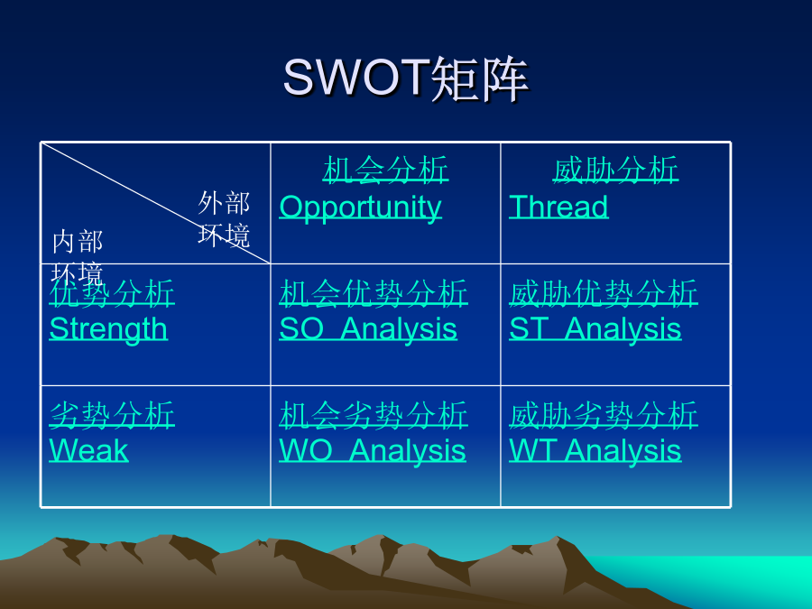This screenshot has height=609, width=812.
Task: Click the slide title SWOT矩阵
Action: click(x=405, y=78)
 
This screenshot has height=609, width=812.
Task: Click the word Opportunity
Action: click(x=360, y=208)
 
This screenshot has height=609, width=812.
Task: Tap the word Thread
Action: click(x=558, y=207)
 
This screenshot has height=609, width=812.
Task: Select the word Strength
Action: click(x=108, y=330)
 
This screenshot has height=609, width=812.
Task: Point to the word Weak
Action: click(x=88, y=450)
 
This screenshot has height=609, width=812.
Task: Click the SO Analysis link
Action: click(x=368, y=330)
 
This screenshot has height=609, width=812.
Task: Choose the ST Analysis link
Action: click(x=595, y=330)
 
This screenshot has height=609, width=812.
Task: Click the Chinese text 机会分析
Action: click(x=386, y=170)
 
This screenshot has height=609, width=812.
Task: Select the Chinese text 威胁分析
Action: click(x=615, y=170)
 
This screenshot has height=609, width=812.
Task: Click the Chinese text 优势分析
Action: click(x=112, y=292)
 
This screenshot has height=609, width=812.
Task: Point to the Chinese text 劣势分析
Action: click(x=112, y=415)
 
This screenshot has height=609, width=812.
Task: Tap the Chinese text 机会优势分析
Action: click(x=374, y=292)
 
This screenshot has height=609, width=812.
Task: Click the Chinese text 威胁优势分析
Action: click(x=604, y=292)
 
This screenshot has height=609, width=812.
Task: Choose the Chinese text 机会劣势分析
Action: click(x=374, y=415)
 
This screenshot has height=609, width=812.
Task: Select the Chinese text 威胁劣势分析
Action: click(x=604, y=415)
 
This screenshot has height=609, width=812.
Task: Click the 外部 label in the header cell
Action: click(x=224, y=202)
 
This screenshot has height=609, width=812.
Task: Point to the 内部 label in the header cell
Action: click(x=78, y=242)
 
